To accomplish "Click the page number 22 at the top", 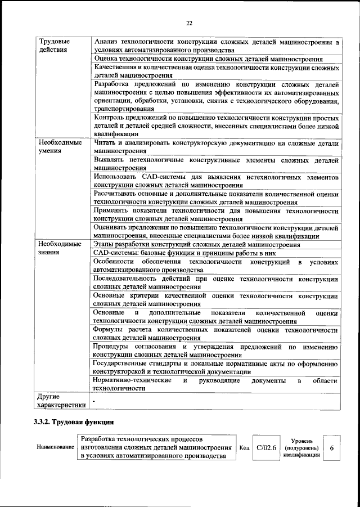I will [189, 23].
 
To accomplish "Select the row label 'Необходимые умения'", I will [56, 147].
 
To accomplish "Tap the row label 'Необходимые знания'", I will [56, 249].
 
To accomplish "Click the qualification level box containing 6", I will [332, 448].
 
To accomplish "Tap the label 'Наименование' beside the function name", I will [55, 448].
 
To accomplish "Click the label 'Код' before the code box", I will [244, 448].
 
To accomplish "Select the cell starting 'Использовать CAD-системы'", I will [216, 181].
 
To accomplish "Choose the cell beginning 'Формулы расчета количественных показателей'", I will [216, 334].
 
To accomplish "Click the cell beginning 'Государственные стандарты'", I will [216, 367].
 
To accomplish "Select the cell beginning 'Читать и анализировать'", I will [216, 147].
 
